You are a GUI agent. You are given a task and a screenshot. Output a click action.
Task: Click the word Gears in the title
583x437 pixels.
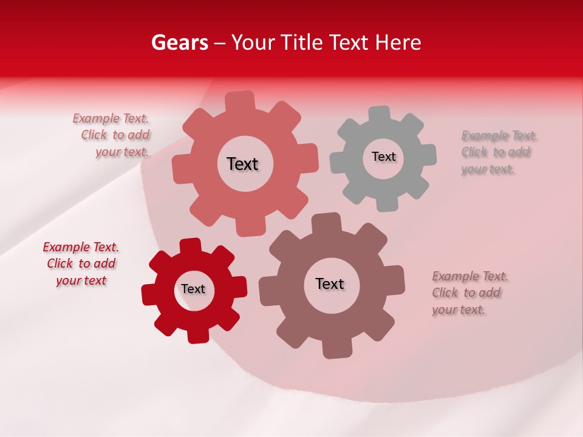179,42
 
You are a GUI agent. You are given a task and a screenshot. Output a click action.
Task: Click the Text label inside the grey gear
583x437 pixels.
383,157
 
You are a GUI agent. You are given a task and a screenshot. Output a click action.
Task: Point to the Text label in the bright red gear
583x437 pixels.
193,289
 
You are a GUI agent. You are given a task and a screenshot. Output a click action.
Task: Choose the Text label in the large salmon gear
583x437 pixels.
242,164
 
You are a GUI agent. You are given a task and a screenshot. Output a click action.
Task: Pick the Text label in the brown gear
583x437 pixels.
330,283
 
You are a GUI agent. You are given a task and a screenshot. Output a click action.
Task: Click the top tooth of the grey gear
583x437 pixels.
380,113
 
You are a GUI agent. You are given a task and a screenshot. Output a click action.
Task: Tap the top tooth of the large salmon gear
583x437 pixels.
240,100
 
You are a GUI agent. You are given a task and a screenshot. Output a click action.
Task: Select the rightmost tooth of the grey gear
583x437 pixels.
428,155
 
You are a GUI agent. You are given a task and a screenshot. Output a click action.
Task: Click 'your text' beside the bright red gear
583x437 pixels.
81,280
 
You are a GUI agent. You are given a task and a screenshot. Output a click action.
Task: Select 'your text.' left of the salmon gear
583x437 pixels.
122,152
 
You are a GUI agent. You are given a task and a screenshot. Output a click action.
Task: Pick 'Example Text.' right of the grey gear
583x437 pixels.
499,135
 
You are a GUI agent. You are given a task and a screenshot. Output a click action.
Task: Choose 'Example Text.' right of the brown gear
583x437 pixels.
470,276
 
